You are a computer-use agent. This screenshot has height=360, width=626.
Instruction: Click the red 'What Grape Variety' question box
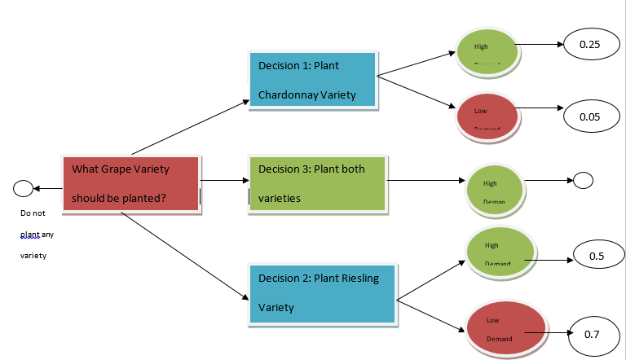coord(130,183)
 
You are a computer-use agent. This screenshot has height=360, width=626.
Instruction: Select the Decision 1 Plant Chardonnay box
coord(313,80)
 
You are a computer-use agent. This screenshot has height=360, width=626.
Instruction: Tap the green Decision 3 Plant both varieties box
coord(316,183)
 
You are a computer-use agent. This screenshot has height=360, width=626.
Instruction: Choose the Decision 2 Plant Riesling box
coord(321,292)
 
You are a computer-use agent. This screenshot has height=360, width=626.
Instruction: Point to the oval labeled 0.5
coord(596,257)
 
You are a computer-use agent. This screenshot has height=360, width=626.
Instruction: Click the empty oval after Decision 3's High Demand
coord(584,180)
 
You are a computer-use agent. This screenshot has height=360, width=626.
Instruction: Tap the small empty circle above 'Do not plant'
coord(24,189)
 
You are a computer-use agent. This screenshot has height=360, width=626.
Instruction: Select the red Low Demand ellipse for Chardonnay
coord(487,116)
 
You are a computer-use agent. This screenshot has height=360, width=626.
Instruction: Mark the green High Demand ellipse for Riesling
coord(499,251)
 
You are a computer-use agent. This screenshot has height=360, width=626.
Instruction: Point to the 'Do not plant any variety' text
coord(37,235)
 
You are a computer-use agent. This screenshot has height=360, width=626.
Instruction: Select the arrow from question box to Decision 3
coord(223,181)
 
